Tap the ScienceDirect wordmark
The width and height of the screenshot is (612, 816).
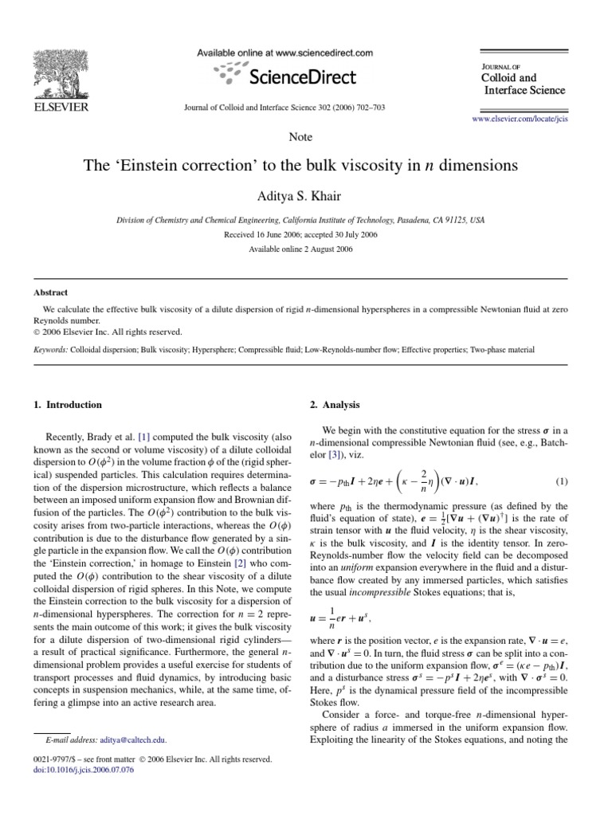(x=303, y=77)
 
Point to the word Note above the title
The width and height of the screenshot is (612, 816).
(x=301, y=137)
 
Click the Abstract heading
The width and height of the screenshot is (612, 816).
(x=51, y=292)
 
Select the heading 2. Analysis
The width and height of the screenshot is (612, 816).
(x=335, y=405)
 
